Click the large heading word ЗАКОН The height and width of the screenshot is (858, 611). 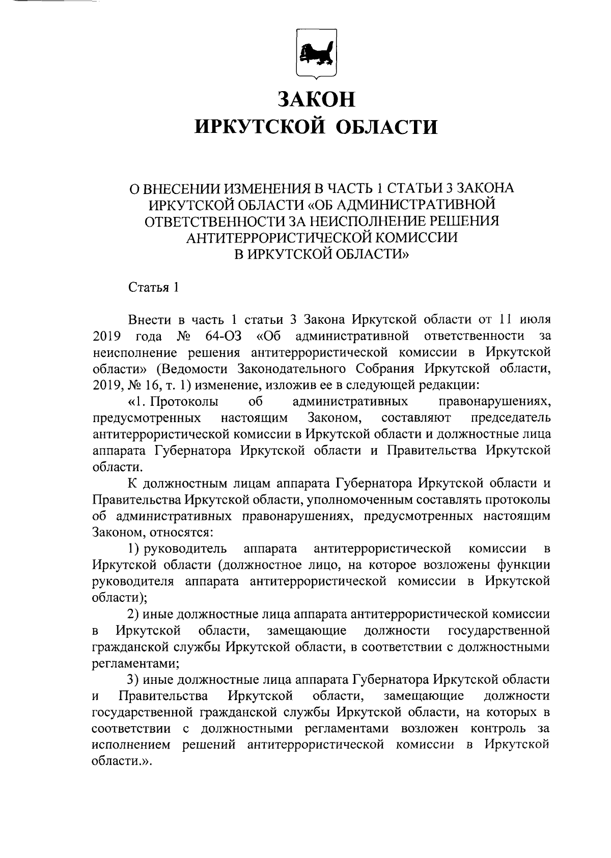coord(316,98)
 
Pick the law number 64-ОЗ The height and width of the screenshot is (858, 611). coord(224,336)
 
